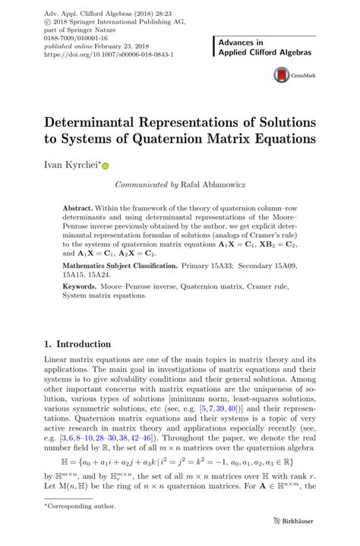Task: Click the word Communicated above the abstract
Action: click(141, 184)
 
